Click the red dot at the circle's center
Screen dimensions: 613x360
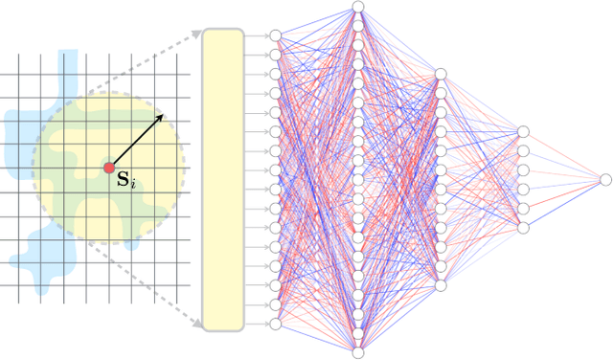108,169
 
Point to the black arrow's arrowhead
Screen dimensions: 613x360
161,116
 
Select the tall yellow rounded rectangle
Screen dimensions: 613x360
223,179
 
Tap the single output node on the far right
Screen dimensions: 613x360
604,179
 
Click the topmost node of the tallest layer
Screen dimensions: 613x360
357,7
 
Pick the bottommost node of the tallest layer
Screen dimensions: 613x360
357,352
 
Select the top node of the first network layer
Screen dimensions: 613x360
276,35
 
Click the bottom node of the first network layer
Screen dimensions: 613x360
276,325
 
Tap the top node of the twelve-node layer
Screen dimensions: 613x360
440,74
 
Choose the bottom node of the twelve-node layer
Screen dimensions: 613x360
440,285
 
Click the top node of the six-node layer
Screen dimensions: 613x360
522,131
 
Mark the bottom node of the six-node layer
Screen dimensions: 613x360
522,228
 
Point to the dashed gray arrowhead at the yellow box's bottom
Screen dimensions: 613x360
198,325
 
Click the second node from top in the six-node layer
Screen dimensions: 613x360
522,150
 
